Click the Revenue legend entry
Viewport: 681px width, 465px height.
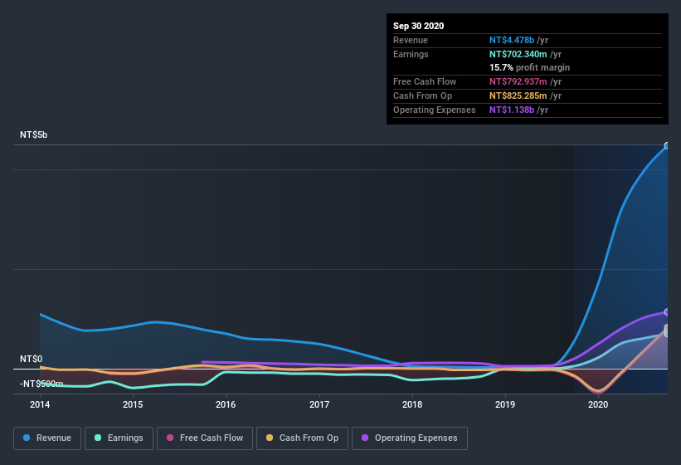point(48,438)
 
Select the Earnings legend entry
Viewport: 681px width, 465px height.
point(118,438)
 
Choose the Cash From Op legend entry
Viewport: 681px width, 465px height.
point(302,438)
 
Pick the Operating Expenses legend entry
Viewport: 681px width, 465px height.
point(410,438)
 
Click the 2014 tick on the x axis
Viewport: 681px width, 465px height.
point(40,405)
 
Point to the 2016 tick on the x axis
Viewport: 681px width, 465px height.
point(226,405)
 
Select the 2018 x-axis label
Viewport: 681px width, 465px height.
point(412,405)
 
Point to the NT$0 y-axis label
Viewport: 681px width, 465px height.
point(31,359)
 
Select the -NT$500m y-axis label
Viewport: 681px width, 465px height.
point(41,384)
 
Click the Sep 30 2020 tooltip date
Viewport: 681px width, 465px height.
point(418,26)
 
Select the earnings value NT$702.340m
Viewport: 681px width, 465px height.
point(518,54)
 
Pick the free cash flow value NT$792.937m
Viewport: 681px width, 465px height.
point(518,81)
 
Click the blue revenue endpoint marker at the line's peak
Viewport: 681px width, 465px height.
point(667,146)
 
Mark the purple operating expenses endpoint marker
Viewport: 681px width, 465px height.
point(667,312)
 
